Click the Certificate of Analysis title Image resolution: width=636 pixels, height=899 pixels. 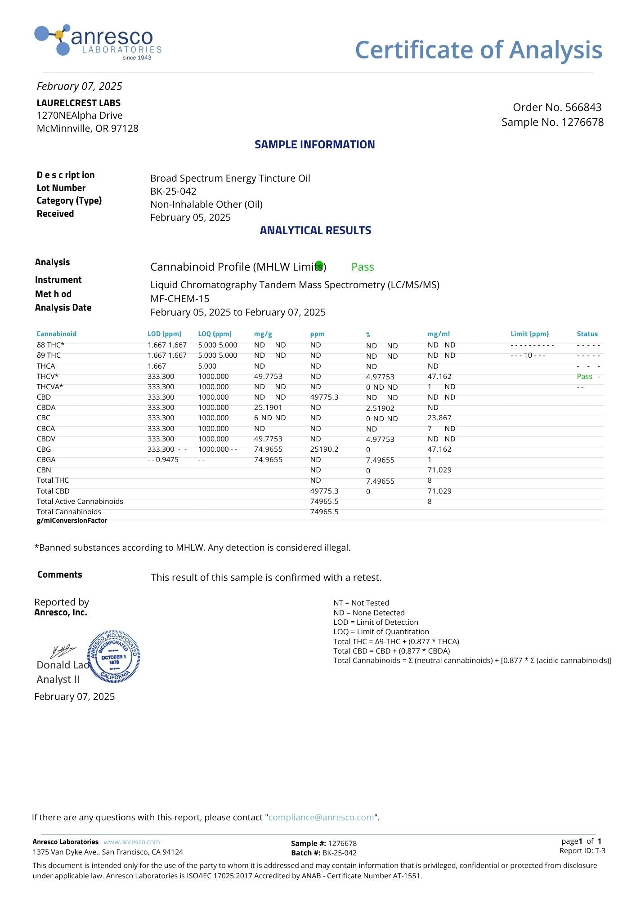pyautogui.click(x=478, y=49)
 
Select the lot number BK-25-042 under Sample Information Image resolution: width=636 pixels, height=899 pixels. pyautogui.click(x=173, y=191)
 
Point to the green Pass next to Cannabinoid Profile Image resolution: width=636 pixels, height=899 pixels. pyautogui.click(x=363, y=267)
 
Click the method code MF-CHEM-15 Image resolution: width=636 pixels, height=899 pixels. pyautogui.click(x=180, y=299)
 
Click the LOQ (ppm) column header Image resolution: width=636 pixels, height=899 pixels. pyautogui.click(x=215, y=334)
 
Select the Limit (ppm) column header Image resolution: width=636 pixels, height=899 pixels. pyautogui.click(x=529, y=334)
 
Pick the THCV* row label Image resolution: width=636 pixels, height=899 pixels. pyautogui.click(x=48, y=377)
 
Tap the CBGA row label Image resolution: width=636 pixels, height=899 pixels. pyautogui.click(x=46, y=460)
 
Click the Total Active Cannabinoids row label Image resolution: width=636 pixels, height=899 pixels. pyautogui.click(x=80, y=502)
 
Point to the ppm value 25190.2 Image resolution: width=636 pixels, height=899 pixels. pyautogui.click(x=324, y=449)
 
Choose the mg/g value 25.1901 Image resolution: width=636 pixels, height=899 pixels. pyautogui.click(x=268, y=408)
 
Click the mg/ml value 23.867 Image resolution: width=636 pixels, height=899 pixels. pyautogui.click(x=439, y=418)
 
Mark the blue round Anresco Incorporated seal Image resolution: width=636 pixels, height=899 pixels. pyautogui.click(x=114, y=656)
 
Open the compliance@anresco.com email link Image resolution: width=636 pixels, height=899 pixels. pyautogui.click(x=321, y=818)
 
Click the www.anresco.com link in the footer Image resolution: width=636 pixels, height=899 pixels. pyautogui.click(x=131, y=842)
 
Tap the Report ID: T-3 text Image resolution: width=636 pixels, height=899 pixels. pyautogui.click(x=582, y=850)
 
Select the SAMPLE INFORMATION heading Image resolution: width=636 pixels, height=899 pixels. pyautogui.click(x=314, y=145)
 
